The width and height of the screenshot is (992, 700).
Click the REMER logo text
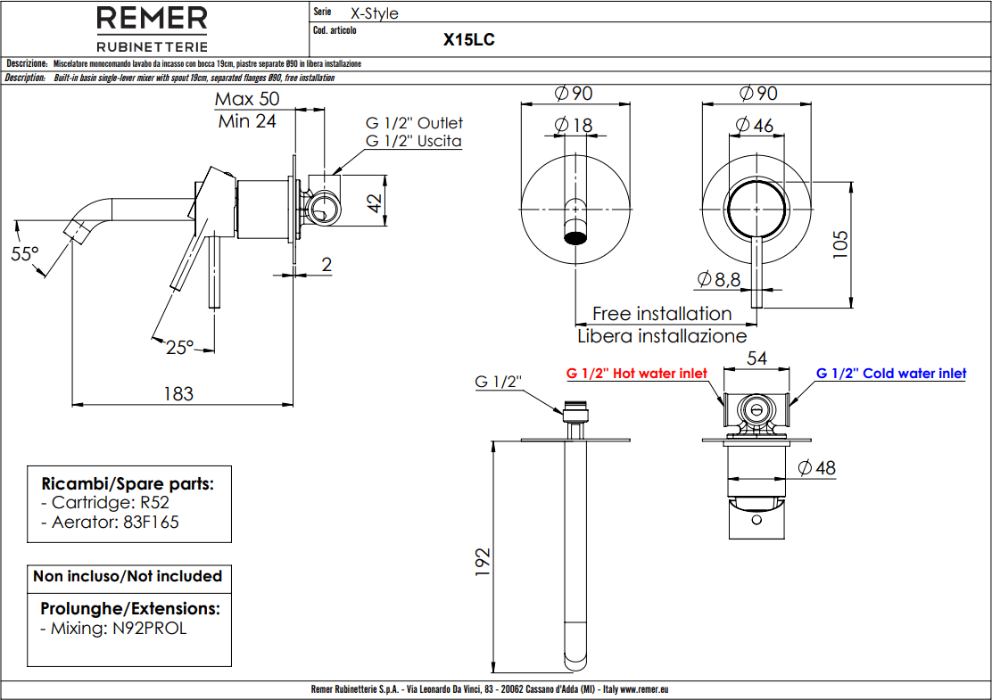pos(152,19)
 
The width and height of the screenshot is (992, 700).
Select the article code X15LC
pos(469,40)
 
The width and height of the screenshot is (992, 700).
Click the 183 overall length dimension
pos(179,393)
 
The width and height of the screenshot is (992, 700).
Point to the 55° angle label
pos(25,254)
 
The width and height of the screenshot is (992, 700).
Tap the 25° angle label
pos(179,348)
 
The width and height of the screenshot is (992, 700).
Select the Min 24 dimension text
pos(247,121)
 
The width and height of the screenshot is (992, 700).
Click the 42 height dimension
pos(375,203)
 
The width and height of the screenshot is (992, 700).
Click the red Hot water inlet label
pos(637,374)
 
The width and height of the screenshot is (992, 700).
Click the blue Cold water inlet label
pos(891,374)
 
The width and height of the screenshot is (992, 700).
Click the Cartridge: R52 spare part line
pos(111,503)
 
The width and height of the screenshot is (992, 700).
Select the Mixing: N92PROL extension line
pos(114,628)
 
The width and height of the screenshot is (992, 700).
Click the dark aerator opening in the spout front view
pos(577,238)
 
